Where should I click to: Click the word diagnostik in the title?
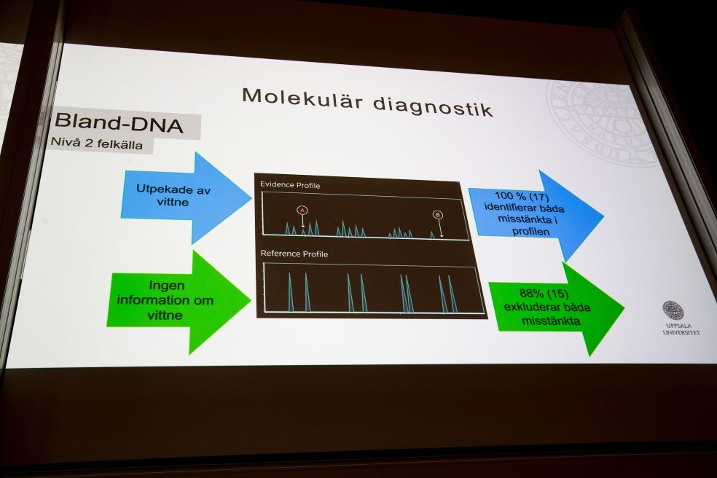point(433,105)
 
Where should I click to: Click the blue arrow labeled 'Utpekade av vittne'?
point(182,196)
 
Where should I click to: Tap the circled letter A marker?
point(303,210)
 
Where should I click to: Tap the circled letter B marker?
point(437,214)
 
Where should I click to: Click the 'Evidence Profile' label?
point(290,185)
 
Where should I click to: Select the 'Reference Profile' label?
point(294,254)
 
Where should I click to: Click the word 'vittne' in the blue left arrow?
point(172,202)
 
